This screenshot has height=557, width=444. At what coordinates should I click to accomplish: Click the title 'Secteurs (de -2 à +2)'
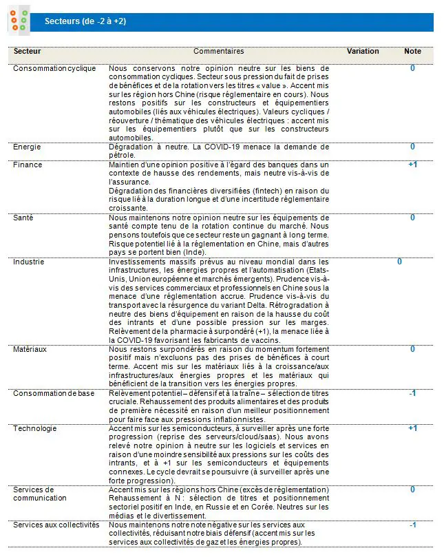(x=85, y=21)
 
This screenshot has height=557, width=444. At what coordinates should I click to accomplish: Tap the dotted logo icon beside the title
(x=19, y=21)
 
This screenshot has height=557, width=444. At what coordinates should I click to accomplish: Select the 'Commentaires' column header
(x=218, y=51)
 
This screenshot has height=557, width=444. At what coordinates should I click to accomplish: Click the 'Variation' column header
(x=363, y=51)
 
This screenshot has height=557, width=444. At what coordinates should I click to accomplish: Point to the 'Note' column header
(x=412, y=51)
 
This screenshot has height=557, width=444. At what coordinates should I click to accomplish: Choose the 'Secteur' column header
(x=28, y=51)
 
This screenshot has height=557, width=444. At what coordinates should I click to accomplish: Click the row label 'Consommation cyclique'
(x=54, y=68)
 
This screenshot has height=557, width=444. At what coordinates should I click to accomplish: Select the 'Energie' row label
(x=28, y=147)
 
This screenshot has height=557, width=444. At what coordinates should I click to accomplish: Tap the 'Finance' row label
(x=28, y=165)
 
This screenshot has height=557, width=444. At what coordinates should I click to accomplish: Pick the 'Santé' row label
(x=24, y=218)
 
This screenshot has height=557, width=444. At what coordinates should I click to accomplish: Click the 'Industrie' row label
(x=29, y=262)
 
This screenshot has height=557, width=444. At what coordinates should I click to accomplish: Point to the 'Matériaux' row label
(x=30, y=349)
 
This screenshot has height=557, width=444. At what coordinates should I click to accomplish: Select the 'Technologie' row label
(x=34, y=428)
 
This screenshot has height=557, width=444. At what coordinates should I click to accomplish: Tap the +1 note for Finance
(x=412, y=165)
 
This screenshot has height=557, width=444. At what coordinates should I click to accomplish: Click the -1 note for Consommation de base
(x=412, y=393)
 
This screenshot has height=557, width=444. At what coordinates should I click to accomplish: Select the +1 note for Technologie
(x=412, y=428)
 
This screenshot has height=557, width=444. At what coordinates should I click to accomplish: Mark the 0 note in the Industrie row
(x=399, y=262)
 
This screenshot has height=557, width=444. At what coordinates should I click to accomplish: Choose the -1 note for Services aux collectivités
(x=412, y=525)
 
